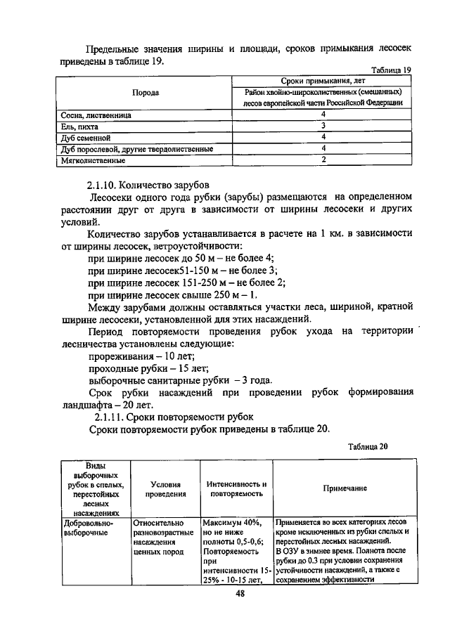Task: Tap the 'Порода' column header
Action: (x=146, y=92)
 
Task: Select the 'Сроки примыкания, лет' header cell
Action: (x=323, y=81)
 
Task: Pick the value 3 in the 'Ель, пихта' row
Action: (x=323, y=125)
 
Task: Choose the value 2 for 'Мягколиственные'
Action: (x=323, y=160)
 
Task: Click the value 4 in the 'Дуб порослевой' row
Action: (x=323, y=149)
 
